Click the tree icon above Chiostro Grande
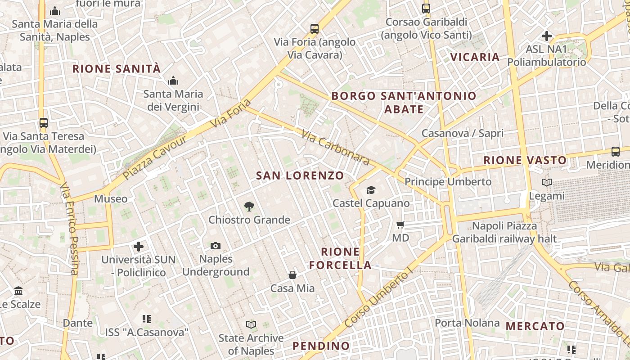coord(249,207)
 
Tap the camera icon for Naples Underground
coord(216,246)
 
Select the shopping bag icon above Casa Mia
coord(292,274)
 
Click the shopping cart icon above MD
coord(400,224)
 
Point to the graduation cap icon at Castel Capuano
coord(371,190)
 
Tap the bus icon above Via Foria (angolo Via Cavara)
coord(315,29)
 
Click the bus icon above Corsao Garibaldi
coord(426,8)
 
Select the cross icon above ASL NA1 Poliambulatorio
coord(547,36)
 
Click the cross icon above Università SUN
coord(139,246)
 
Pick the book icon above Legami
coord(547,183)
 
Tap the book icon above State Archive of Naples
coord(251,324)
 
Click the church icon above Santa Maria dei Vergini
coord(173,81)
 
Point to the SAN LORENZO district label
coord(300,175)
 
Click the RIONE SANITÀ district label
coord(117,69)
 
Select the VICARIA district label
coord(475,57)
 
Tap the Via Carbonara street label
coord(335,147)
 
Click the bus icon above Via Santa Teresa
coord(44,122)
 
